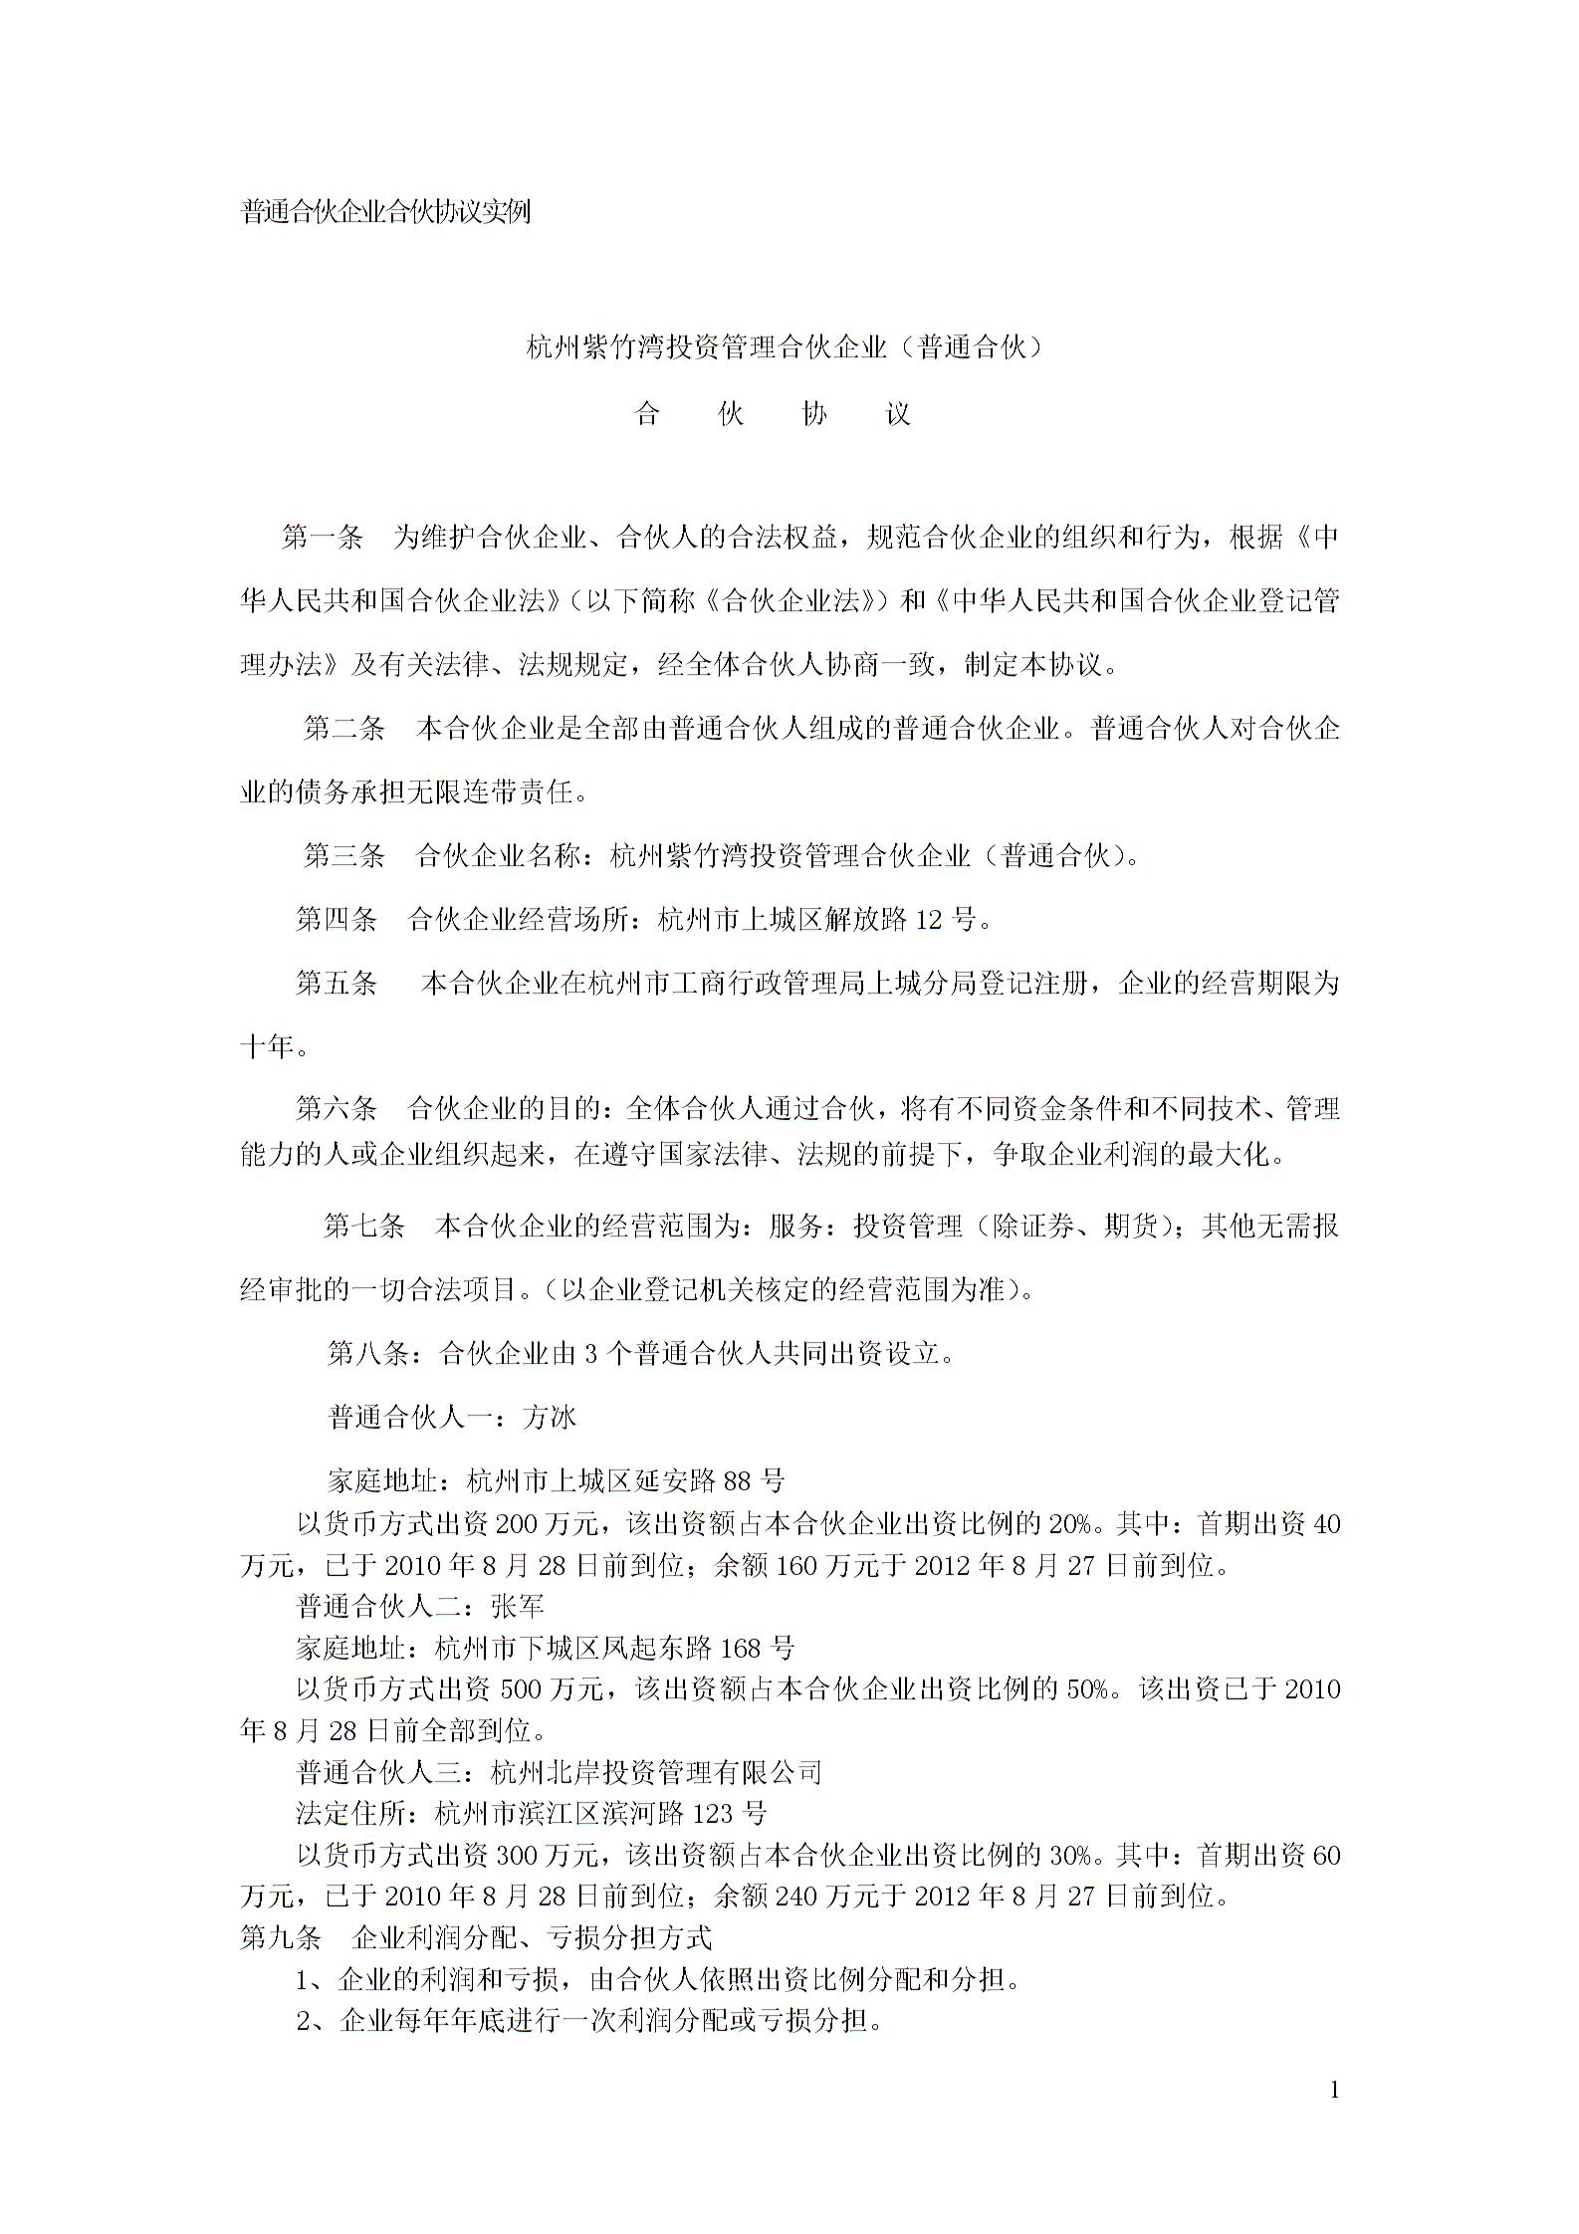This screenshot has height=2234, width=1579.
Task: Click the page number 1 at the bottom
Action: click(1334, 2090)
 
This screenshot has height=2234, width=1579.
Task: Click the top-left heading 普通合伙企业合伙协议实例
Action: click(385, 212)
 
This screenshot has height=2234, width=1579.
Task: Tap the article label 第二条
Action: click(343, 729)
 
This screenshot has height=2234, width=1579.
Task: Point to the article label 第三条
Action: click(343, 855)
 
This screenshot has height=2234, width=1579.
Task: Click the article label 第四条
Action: click(336, 919)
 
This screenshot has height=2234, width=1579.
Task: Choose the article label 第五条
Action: click(336, 984)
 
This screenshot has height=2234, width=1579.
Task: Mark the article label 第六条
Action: click(336, 1108)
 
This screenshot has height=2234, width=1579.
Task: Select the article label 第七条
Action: click(363, 1227)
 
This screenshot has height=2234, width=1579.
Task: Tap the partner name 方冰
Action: click(549, 1417)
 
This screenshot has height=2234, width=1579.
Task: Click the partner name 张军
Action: click(517, 1606)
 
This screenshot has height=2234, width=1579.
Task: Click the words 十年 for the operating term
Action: click(267, 1047)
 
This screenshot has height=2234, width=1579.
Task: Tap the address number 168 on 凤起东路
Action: click(740, 1648)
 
